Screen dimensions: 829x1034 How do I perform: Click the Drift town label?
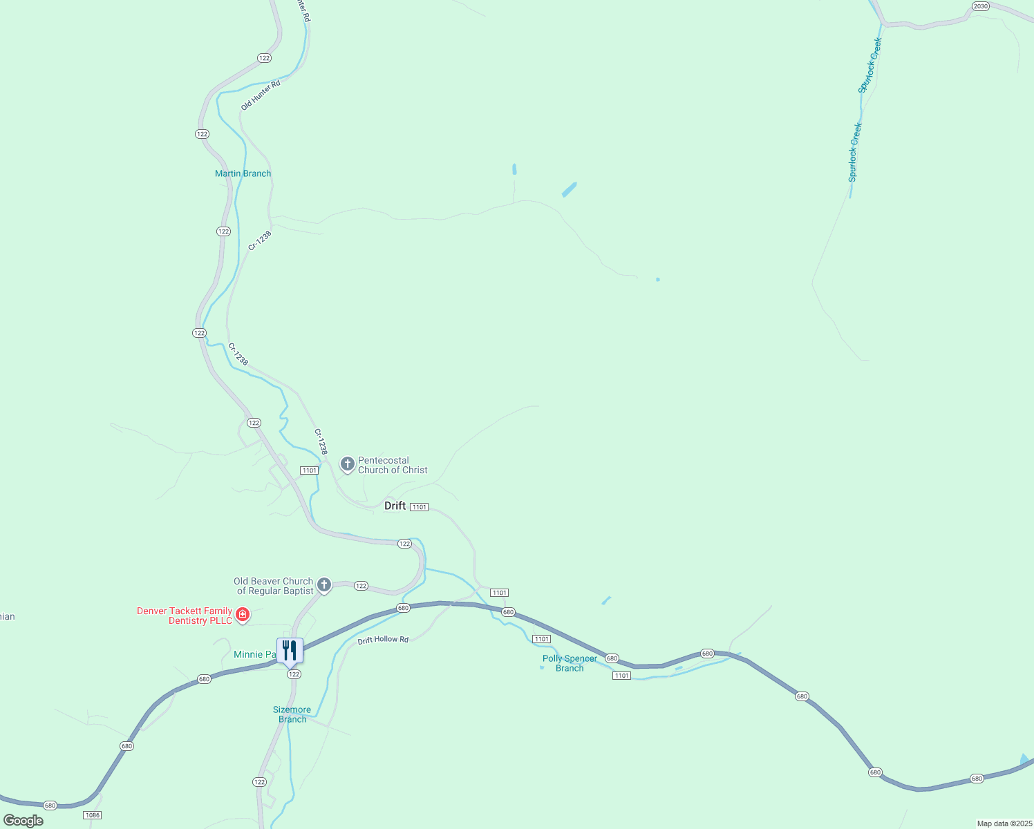395,506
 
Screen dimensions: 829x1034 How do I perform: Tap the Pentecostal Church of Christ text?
393,465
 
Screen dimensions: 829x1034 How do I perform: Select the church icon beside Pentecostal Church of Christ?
348,464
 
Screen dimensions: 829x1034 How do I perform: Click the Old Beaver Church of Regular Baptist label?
274,586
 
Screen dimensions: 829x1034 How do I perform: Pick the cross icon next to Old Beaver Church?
323,585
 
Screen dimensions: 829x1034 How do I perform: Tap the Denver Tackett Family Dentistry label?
185,616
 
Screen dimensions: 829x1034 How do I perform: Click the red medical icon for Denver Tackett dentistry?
242,614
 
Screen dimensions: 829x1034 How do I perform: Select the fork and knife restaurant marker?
290,651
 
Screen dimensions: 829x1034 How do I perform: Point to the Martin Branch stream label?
243,173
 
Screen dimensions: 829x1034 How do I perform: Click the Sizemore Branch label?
292,714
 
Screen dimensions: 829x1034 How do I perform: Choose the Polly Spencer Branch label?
570,663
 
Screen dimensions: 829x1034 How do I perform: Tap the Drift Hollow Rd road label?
383,640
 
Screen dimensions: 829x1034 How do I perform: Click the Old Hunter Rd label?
261,95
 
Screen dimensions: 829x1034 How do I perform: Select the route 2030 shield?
980,6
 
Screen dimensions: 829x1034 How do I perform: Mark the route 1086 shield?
92,815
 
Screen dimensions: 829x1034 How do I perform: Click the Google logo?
23,821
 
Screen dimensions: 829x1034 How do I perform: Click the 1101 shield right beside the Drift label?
419,507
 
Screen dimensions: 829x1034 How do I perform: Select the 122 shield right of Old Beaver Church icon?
361,586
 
